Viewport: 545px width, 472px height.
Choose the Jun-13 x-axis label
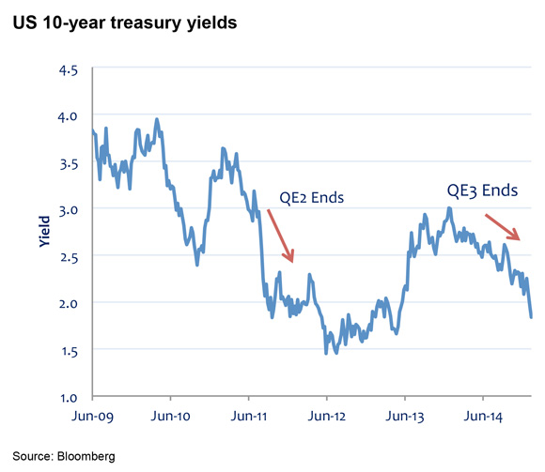coord(403,415)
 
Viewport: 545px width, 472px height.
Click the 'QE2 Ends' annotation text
coord(312,198)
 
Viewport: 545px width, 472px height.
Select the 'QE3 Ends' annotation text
coord(481,190)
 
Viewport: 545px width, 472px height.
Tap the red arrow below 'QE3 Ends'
coord(502,226)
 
